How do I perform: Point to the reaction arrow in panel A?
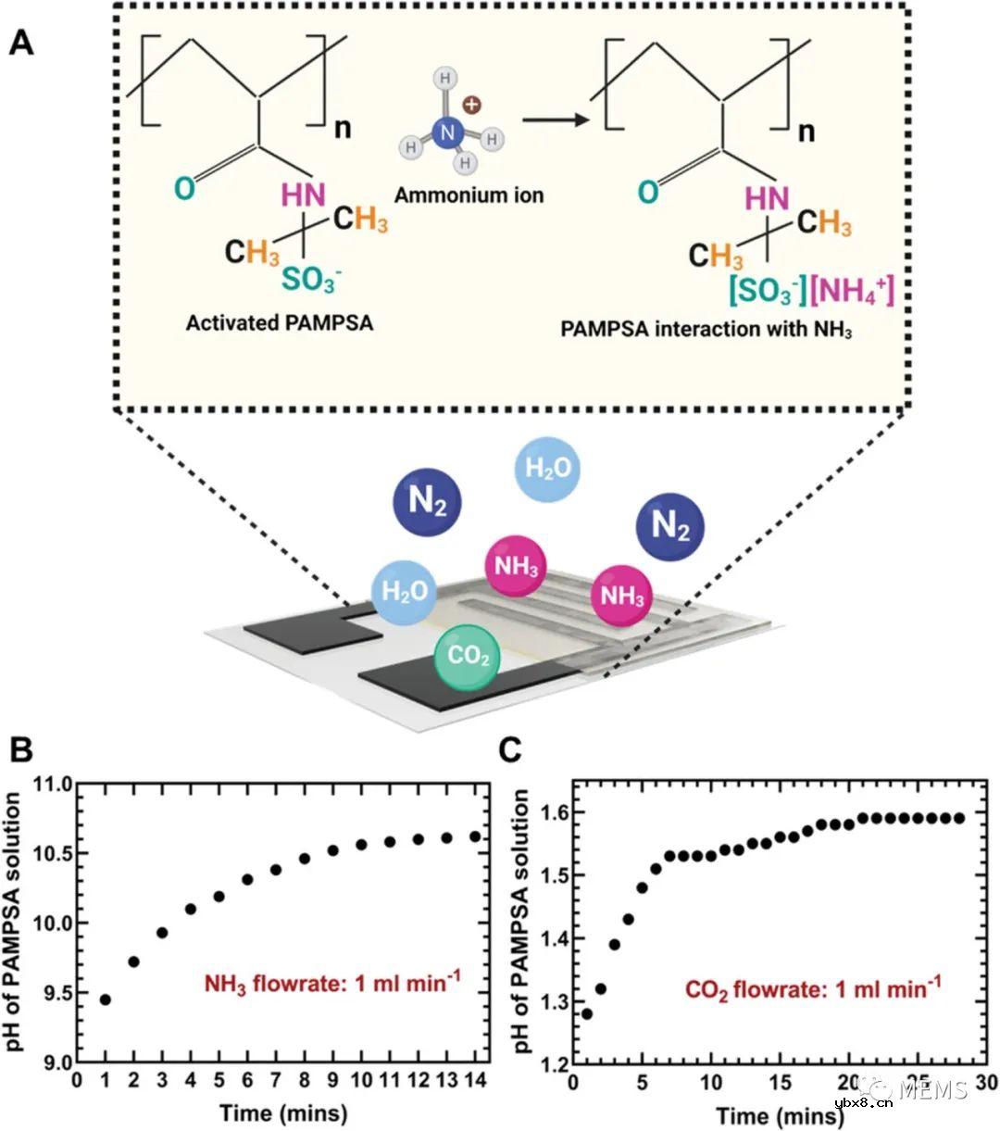tap(556, 120)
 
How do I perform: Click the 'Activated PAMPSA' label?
tap(280, 323)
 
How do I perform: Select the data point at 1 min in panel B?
tap(106, 999)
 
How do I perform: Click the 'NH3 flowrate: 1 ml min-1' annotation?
tap(348, 982)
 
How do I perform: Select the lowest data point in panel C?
tap(586, 1013)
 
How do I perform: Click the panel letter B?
tap(20, 748)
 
